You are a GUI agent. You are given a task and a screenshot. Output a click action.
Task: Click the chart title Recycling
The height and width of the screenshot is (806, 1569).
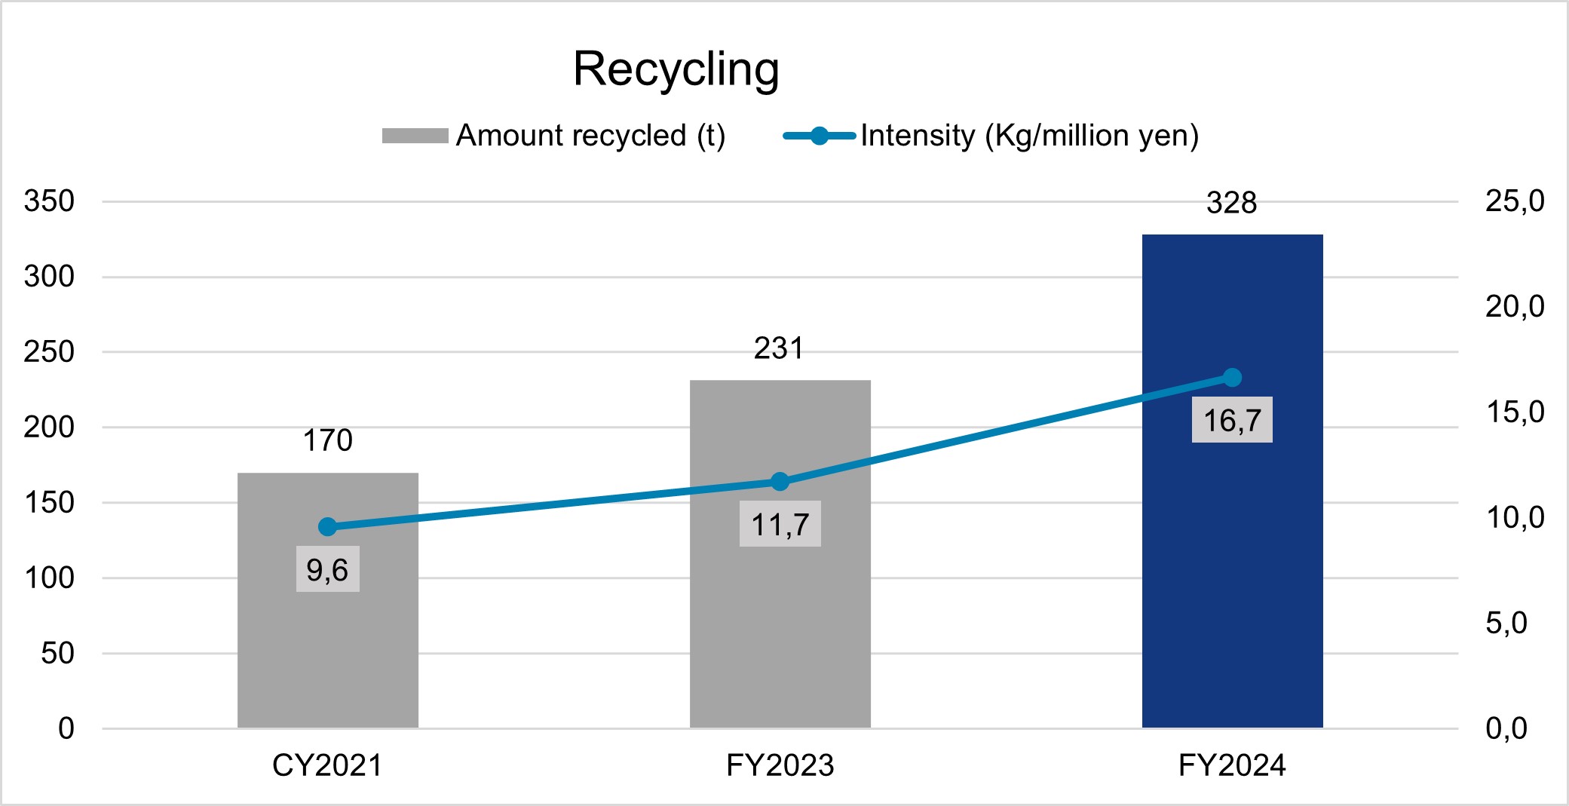coord(676,69)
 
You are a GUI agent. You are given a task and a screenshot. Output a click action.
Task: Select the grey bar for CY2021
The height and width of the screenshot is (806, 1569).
coord(328,641)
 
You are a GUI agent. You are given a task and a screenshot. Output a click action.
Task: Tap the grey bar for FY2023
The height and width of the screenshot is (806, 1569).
coord(780,618)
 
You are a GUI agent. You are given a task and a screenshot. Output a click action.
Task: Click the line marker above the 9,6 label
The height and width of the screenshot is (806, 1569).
coord(328,526)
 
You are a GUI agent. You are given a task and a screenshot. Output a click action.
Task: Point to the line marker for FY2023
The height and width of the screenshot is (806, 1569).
coord(780,482)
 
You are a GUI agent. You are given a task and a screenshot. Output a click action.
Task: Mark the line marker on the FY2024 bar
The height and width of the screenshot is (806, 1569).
coord(1232,378)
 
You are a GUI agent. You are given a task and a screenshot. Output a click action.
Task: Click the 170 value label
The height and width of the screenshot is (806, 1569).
coord(328,440)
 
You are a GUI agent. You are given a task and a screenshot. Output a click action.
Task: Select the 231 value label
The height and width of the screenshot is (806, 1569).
coord(780,348)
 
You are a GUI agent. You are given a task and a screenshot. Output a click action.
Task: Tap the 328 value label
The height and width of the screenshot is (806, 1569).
coord(1232,203)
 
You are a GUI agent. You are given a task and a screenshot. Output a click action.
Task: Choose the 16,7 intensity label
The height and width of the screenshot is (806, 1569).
coord(1232,420)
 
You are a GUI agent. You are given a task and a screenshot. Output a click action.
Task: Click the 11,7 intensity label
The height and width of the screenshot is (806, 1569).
coord(780,524)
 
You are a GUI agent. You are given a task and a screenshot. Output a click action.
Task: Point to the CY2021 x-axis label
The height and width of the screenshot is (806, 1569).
coord(328,765)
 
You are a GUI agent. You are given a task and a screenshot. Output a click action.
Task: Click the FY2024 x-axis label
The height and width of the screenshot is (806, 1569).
coord(1232,765)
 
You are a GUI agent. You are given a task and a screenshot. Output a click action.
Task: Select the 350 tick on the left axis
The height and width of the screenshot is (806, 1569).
coord(50,201)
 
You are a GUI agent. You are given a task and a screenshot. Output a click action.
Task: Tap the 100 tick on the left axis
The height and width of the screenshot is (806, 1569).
coord(50,578)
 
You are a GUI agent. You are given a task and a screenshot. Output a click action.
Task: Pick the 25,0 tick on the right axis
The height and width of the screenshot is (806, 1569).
coord(1515,201)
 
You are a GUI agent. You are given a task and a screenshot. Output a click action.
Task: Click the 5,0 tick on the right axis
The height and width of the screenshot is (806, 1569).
coord(1506,623)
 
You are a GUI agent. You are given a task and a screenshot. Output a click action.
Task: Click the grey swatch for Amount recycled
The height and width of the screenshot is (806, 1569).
coord(415,136)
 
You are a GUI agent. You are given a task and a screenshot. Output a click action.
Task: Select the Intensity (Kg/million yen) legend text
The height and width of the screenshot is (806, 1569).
coord(1029,136)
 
